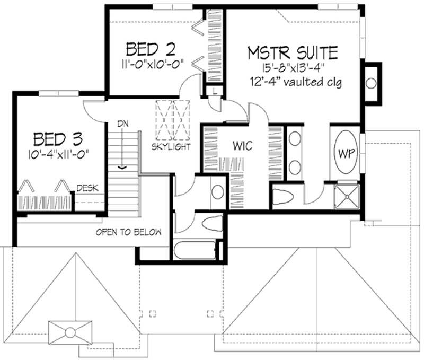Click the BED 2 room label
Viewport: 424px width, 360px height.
tap(151, 49)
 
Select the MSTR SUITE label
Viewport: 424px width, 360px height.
tap(293, 52)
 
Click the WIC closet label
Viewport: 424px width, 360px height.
tap(245, 144)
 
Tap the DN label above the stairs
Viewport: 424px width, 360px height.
tap(123, 124)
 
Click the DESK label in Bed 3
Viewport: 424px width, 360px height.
tap(86, 188)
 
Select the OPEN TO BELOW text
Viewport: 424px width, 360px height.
tap(128, 233)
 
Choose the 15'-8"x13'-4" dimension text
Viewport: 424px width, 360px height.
tap(293, 68)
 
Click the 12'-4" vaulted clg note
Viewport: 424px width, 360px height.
tap(294, 82)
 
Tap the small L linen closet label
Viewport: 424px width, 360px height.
tap(213, 91)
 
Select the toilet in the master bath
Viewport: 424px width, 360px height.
tap(284, 198)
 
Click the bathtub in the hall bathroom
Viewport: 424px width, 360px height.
tap(194, 250)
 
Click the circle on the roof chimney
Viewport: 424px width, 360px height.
tap(68, 333)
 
